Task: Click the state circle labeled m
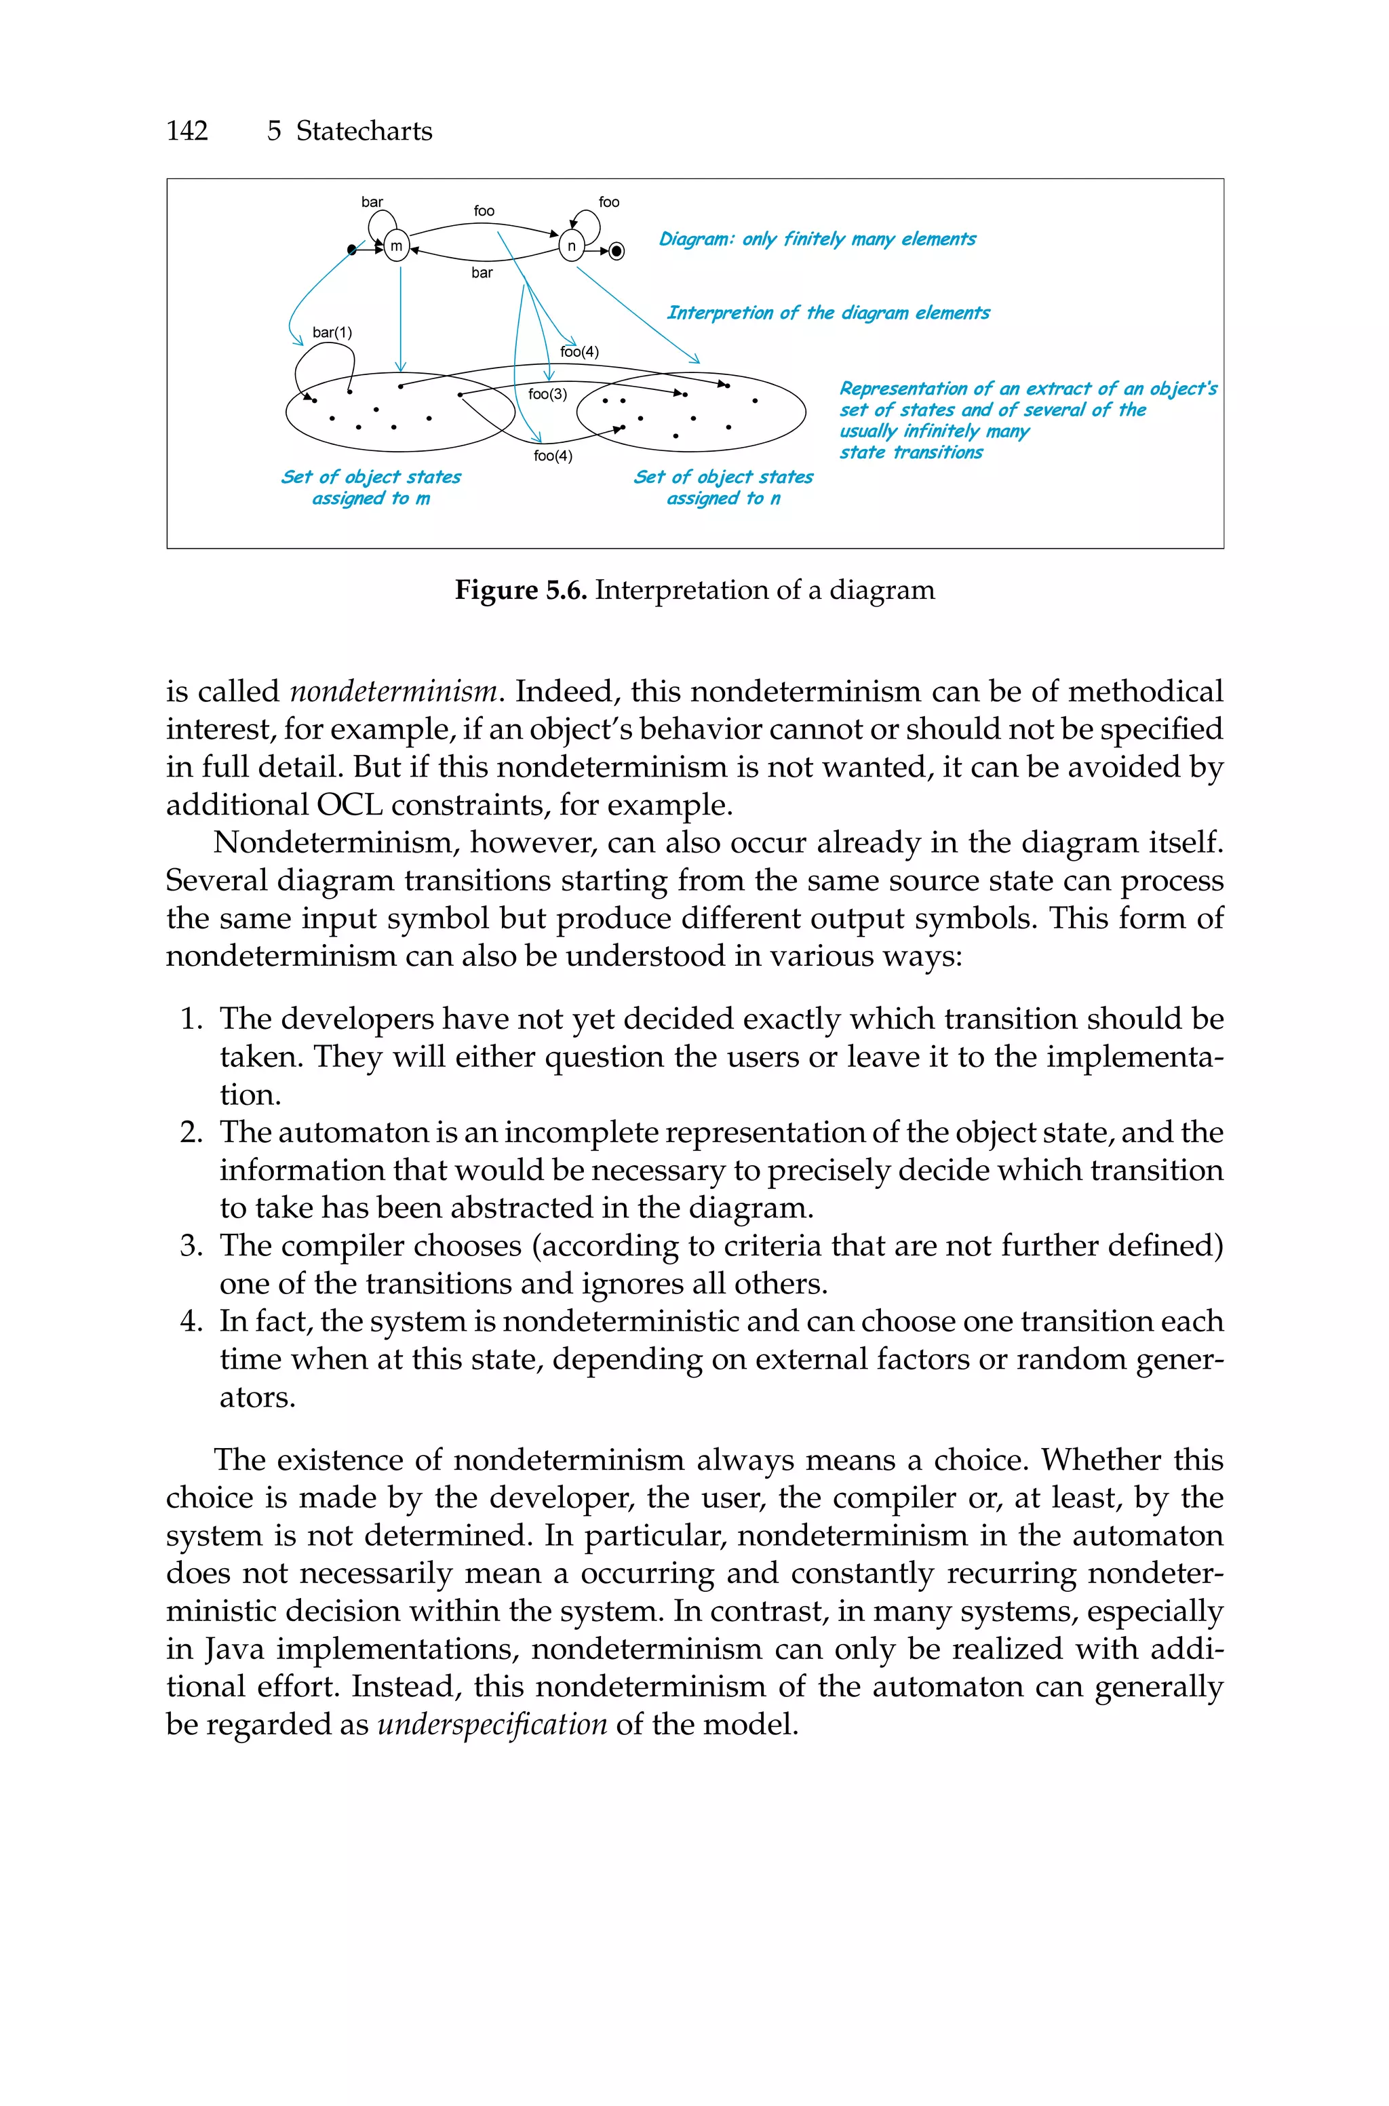(x=396, y=246)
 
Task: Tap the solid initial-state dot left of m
(x=352, y=251)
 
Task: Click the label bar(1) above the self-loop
(x=332, y=333)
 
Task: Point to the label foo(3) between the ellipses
(x=547, y=394)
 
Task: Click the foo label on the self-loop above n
(x=608, y=202)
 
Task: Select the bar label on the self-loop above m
(x=372, y=202)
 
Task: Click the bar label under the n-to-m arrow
(x=482, y=273)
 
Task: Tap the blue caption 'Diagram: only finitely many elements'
(x=817, y=239)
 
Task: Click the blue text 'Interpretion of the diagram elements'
(x=827, y=313)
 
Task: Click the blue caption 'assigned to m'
(x=370, y=499)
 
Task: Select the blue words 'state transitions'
(x=911, y=452)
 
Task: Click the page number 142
(x=187, y=131)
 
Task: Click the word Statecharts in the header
(x=364, y=131)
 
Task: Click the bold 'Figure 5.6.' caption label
(x=521, y=590)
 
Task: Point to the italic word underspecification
(x=492, y=1724)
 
